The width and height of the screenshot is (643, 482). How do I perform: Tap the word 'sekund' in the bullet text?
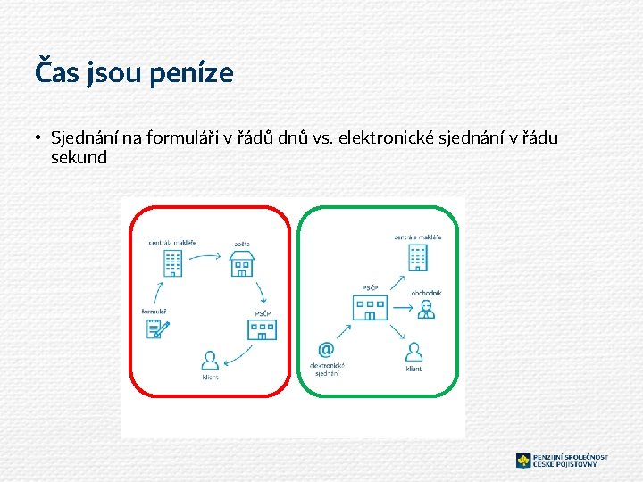click(x=79, y=158)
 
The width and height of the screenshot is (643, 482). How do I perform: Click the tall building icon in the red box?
click(x=173, y=262)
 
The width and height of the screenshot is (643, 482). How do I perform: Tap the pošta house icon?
click(x=242, y=262)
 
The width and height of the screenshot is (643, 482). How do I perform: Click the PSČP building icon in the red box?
click(x=263, y=328)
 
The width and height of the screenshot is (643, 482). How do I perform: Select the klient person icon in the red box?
click(x=210, y=361)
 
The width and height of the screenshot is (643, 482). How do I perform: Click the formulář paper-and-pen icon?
click(x=158, y=328)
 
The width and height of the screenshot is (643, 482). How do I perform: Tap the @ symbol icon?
click(x=326, y=349)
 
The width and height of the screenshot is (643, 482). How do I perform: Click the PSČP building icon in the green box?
click(x=370, y=308)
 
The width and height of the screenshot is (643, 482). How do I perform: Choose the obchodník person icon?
click(x=426, y=309)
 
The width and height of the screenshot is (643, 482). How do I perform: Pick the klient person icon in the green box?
click(x=413, y=351)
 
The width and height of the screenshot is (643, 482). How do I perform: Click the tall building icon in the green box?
click(x=418, y=257)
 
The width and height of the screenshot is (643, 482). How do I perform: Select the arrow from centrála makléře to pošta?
click(x=206, y=257)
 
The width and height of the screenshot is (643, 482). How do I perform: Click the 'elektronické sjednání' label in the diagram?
click(x=327, y=369)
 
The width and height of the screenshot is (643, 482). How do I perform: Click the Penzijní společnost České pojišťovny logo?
click(x=562, y=461)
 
